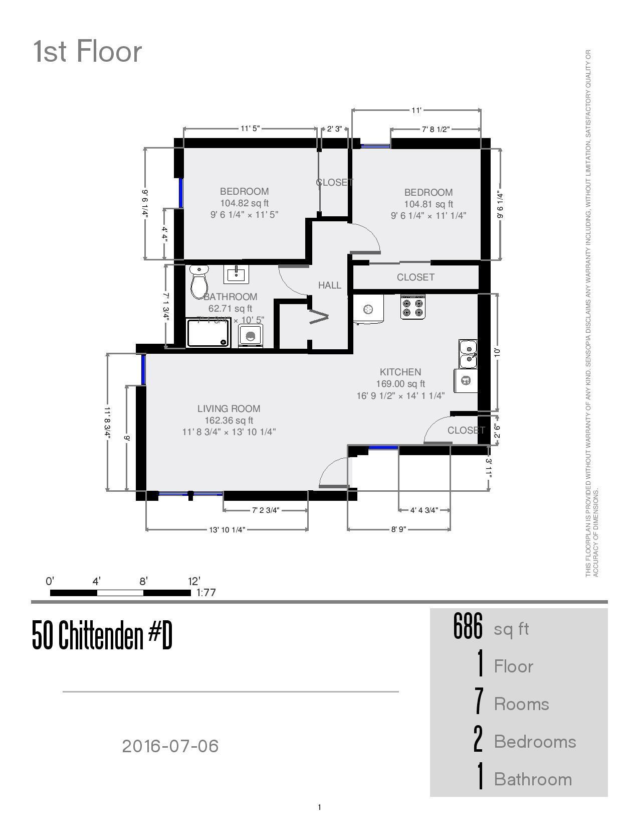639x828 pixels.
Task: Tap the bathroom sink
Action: pyautogui.click(x=236, y=274)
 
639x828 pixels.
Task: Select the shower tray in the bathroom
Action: pyautogui.click(x=208, y=333)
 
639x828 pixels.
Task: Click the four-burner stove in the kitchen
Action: pyautogui.click(x=413, y=307)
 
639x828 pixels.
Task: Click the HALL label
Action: pyautogui.click(x=330, y=285)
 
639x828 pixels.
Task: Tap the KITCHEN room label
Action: pyautogui.click(x=400, y=372)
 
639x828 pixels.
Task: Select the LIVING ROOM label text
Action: pyautogui.click(x=229, y=408)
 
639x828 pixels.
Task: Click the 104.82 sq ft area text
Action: pyautogui.click(x=244, y=203)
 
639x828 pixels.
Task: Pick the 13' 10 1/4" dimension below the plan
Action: pyautogui.click(x=227, y=529)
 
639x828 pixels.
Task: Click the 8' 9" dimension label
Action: pyautogui.click(x=398, y=529)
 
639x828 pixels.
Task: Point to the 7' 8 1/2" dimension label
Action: pyautogui.click(x=435, y=129)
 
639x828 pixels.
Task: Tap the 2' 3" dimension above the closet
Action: pyautogui.click(x=334, y=129)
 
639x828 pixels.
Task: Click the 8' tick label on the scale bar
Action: pyautogui.click(x=143, y=582)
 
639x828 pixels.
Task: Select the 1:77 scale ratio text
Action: pyautogui.click(x=206, y=593)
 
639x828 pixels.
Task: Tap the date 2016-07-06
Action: pyautogui.click(x=170, y=746)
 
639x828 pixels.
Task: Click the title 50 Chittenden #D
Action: pyautogui.click(x=102, y=635)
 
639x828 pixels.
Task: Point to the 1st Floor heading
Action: pyautogui.click(x=88, y=52)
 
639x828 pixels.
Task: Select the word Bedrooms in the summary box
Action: pyautogui.click(x=535, y=742)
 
